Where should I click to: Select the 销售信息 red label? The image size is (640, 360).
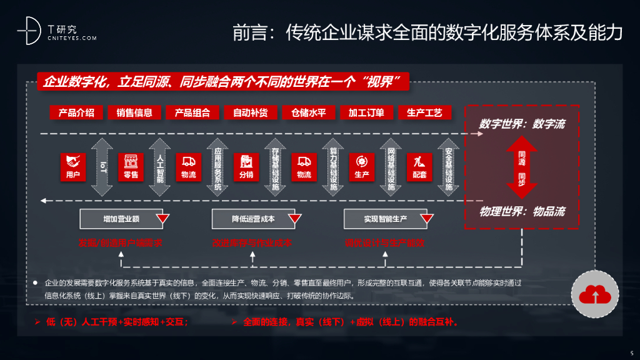(x=134, y=112)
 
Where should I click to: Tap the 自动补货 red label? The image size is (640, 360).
(x=250, y=112)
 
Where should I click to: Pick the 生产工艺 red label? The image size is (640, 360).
(x=424, y=112)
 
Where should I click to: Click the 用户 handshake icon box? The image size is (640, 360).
(x=73, y=167)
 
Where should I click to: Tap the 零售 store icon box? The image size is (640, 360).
(x=131, y=167)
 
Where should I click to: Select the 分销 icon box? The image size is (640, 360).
(x=246, y=167)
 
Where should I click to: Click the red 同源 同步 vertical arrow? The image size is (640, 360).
(x=522, y=167)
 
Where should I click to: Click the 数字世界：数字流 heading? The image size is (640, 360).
(x=522, y=124)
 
